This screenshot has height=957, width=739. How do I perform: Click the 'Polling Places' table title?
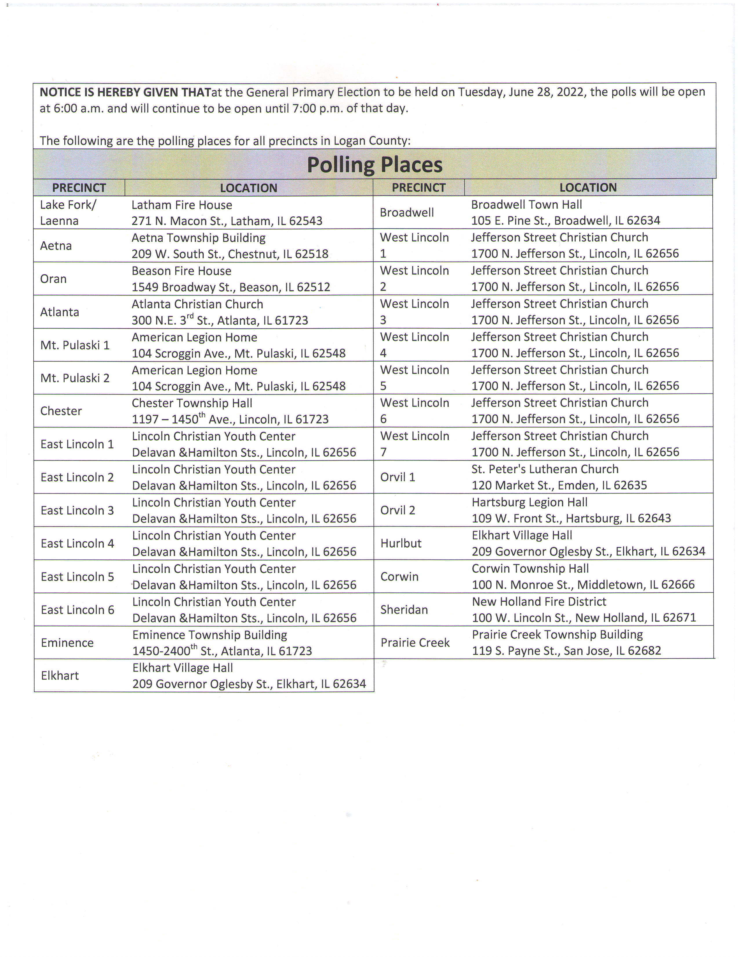(374, 165)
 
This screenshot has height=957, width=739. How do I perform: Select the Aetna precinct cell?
(56, 246)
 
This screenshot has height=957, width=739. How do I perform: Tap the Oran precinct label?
(53, 279)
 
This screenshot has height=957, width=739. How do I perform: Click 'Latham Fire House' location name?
(182, 205)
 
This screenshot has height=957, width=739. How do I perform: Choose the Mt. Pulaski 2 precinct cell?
(75, 378)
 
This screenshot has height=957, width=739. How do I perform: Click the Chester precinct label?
(61, 411)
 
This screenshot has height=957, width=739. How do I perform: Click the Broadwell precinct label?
(407, 213)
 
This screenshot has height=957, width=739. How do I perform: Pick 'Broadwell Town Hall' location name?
(526, 205)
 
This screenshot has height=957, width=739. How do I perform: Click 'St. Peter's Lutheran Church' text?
(545, 469)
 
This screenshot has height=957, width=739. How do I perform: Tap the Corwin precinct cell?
(399, 577)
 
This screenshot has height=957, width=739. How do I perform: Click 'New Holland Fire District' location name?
(539, 602)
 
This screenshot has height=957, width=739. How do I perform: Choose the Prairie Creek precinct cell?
(415, 643)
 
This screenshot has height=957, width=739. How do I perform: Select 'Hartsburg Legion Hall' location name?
(529, 503)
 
